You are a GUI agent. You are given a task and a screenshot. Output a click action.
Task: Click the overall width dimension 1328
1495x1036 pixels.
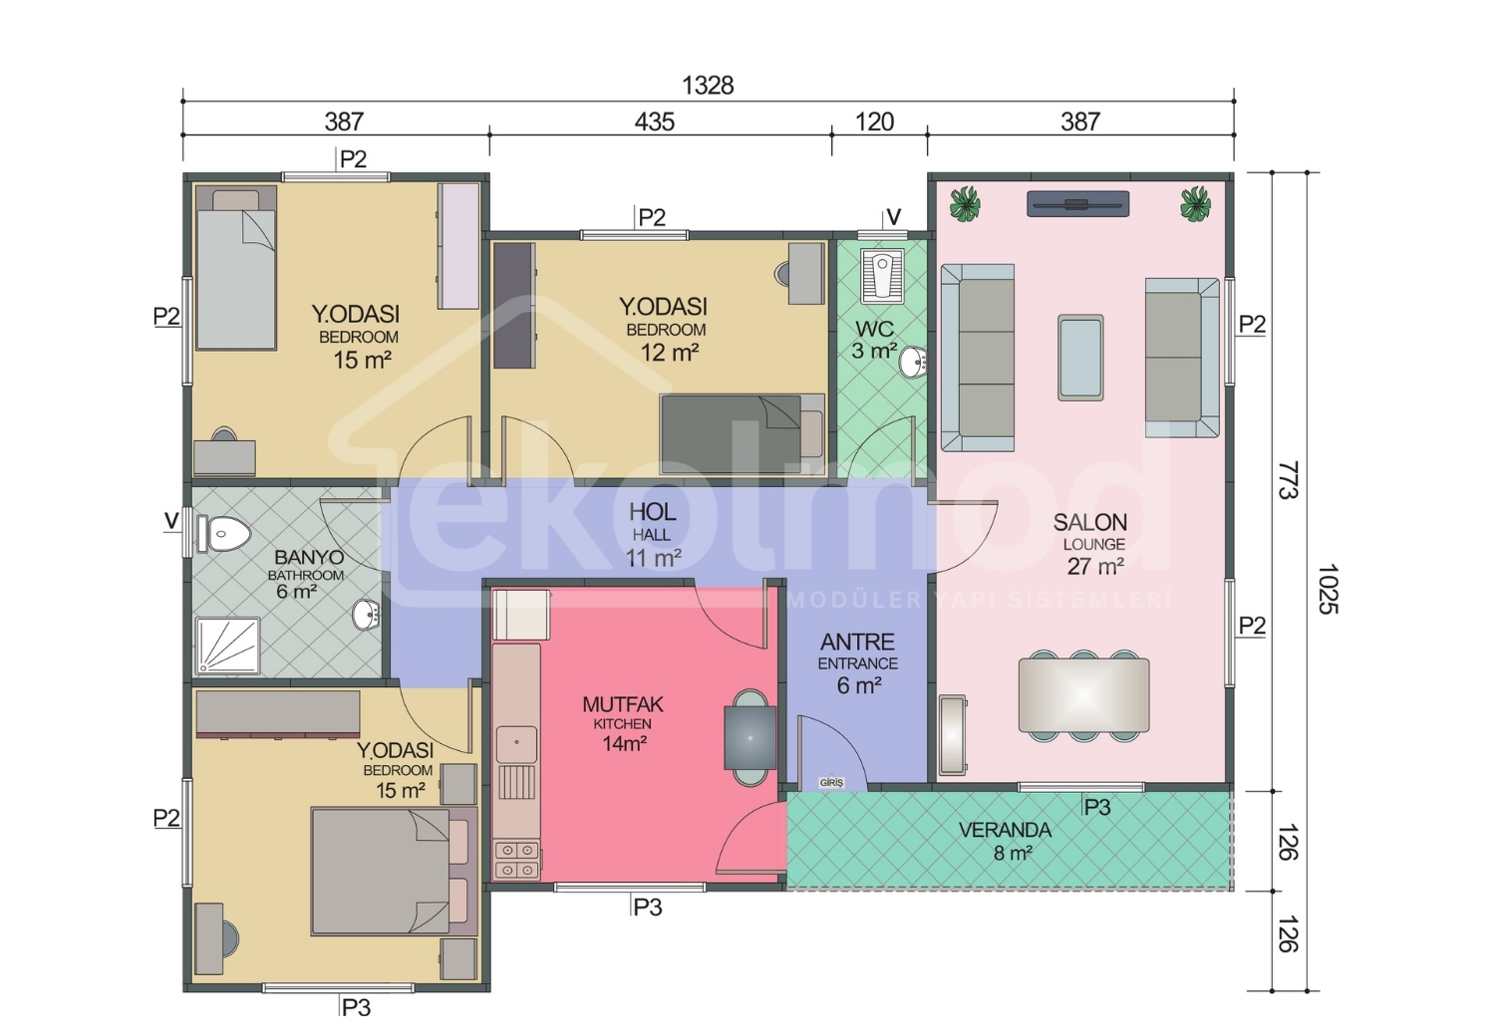[708, 86]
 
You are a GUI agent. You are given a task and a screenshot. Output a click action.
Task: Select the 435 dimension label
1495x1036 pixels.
[654, 123]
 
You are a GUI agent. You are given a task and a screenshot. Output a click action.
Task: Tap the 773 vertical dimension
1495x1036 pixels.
[1288, 479]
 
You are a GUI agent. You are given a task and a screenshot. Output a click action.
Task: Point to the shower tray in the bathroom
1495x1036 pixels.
[227, 646]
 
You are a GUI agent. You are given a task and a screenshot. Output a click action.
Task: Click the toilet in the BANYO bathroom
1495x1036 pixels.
[224, 534]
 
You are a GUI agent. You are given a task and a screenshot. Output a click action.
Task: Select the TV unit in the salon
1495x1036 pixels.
[1077, 204]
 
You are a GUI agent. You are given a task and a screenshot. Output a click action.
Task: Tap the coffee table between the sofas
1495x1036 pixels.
[1080, 358]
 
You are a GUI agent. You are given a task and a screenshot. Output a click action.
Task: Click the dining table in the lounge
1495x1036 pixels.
[1084, 695]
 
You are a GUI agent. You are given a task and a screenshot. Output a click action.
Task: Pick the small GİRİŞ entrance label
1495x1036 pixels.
[831, 783]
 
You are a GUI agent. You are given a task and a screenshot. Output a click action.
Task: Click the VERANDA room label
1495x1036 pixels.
[1005, 831]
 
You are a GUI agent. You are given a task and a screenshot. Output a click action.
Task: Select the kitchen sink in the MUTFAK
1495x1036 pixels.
[516, 744]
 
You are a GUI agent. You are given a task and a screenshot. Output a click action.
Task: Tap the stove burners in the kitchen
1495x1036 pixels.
[517, 861]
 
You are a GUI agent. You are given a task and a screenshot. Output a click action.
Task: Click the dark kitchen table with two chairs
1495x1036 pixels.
[750, 738]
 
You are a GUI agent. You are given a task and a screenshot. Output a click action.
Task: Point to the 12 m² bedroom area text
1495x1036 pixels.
[670, 353]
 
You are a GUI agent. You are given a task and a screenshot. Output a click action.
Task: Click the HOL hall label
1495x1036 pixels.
[653, 512]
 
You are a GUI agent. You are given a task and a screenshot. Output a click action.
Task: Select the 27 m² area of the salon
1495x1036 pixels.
[1095, 567]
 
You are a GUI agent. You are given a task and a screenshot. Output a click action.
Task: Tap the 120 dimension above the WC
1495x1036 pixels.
[874, 123]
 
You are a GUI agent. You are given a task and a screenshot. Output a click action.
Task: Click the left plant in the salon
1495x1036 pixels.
[965, 203]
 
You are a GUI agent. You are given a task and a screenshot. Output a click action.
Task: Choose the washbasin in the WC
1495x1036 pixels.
[913, 363]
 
